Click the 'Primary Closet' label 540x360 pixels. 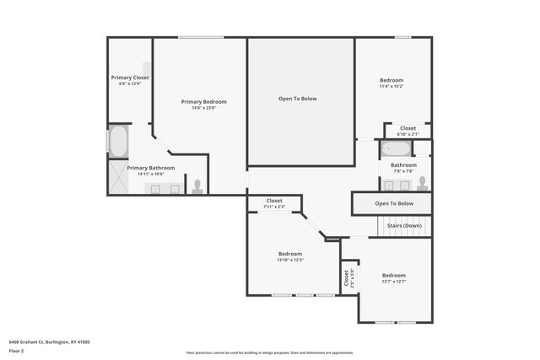[130, 78]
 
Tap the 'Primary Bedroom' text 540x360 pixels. [203, 102]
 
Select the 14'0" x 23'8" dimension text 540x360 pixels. [203, 108]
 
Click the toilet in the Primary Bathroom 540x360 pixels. [197, 185]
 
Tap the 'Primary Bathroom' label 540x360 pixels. [151, 168]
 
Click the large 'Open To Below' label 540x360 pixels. [298, 99]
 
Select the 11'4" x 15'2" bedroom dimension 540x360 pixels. [391, 86]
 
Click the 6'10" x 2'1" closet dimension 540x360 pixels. [408, 134]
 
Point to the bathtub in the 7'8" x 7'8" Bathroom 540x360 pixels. [395, 150]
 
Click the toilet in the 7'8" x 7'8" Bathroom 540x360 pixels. [422, 183]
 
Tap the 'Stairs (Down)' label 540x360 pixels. [404, 226]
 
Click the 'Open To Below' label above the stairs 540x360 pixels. [394, 203]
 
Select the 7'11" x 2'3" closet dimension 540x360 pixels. [274, 207]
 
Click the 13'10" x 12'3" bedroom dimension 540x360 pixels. [290, 260]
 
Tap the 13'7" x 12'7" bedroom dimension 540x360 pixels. [393, 282]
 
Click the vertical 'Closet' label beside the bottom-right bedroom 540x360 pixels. [344, 277]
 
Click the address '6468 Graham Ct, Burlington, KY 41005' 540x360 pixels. [50, 342]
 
